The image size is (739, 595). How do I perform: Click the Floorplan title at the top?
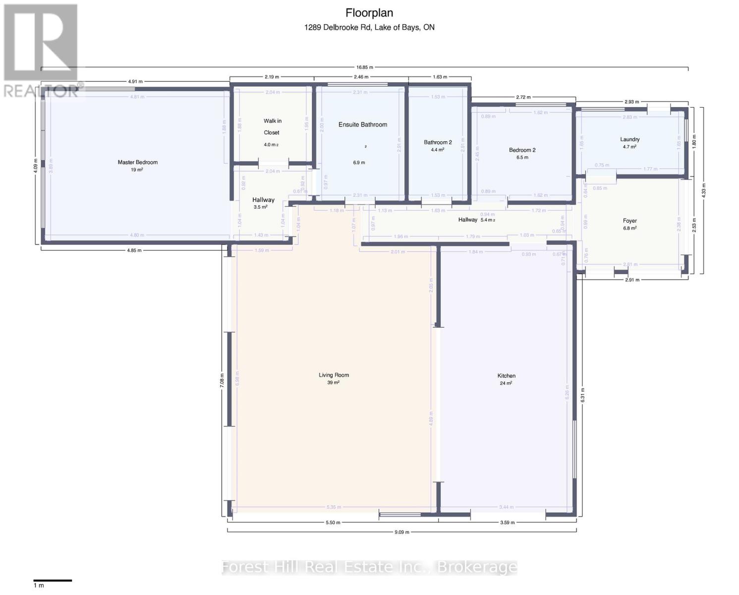click(369, 13)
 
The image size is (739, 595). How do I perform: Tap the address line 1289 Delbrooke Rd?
click(369, 28)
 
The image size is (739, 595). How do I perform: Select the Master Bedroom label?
click(137, 163)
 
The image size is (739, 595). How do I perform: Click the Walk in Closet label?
click(272, 127)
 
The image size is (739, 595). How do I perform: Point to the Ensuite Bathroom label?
click(363, 125)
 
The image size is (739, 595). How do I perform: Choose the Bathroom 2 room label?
click(438, 143)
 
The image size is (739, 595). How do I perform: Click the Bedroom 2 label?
click(522, 150)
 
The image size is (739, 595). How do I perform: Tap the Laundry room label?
click(629, 140)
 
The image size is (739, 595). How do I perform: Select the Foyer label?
click(629, 221)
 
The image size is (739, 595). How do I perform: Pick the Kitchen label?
click(507, 376)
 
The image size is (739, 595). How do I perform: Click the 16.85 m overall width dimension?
click(364, 67)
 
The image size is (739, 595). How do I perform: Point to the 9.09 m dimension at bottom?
click(402, 532)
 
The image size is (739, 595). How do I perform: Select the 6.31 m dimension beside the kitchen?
click(583, 395)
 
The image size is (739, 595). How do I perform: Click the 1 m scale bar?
click(53, 581)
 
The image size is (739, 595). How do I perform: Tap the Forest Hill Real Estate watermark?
click(369, 567)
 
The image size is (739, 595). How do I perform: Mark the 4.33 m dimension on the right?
click(704, 190)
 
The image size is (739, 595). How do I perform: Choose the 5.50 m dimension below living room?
click(333, 523)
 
